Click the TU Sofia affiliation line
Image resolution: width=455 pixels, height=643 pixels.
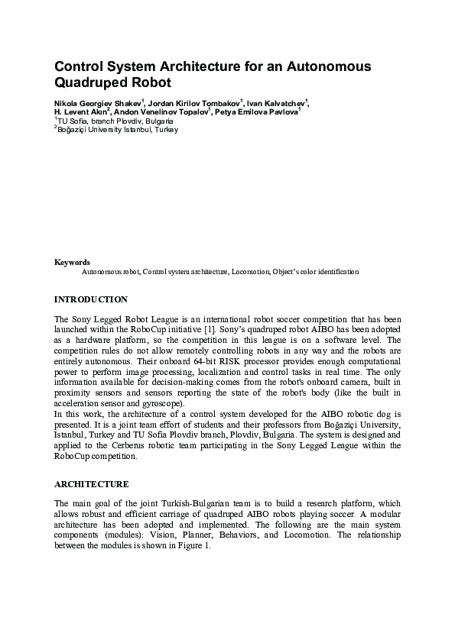115,121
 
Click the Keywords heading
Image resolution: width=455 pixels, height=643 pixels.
72,262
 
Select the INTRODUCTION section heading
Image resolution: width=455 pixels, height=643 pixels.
91,299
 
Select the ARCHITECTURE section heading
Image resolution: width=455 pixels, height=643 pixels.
92,484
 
